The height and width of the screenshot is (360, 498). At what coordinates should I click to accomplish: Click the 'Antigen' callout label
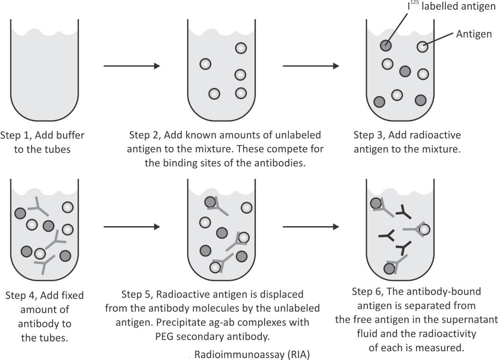point(474,34)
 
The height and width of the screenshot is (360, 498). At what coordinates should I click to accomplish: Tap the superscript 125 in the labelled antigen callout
point(414,3)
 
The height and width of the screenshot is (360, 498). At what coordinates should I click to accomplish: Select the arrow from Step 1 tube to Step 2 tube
point(132,66)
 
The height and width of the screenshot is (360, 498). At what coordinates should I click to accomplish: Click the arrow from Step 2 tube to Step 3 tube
point(311,66)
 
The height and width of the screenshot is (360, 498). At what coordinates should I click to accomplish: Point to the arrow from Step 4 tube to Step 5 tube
point(132,227)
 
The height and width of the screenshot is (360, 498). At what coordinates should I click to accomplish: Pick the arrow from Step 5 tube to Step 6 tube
point(311,227)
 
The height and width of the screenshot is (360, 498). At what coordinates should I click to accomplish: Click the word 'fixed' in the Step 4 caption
point(73,296)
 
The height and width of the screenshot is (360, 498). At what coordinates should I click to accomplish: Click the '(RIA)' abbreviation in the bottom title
point(298,354)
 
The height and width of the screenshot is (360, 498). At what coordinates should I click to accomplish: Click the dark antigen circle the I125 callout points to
point(386,46)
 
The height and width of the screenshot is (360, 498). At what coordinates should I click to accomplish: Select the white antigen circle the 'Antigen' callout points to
point(423,47)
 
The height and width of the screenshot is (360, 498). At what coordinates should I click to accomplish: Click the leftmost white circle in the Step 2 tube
point(205,64)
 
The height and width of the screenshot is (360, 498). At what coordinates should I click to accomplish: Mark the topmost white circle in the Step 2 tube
point(241,48)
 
